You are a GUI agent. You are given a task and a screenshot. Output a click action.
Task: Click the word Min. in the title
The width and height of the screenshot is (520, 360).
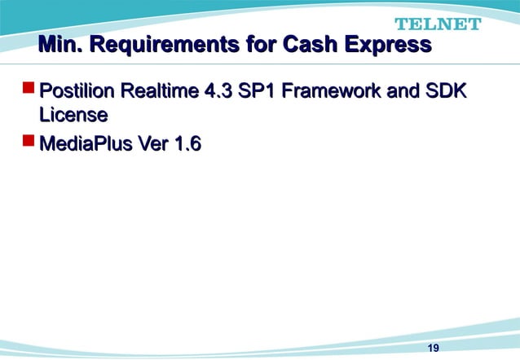pyautogui.click(x=59, y=44)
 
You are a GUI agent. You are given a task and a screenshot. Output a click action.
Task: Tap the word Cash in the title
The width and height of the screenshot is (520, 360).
pyautogui.click(x=311, y=44)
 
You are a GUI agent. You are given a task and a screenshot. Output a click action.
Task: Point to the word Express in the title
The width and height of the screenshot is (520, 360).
pyautogui.click(x=388, y=44)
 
